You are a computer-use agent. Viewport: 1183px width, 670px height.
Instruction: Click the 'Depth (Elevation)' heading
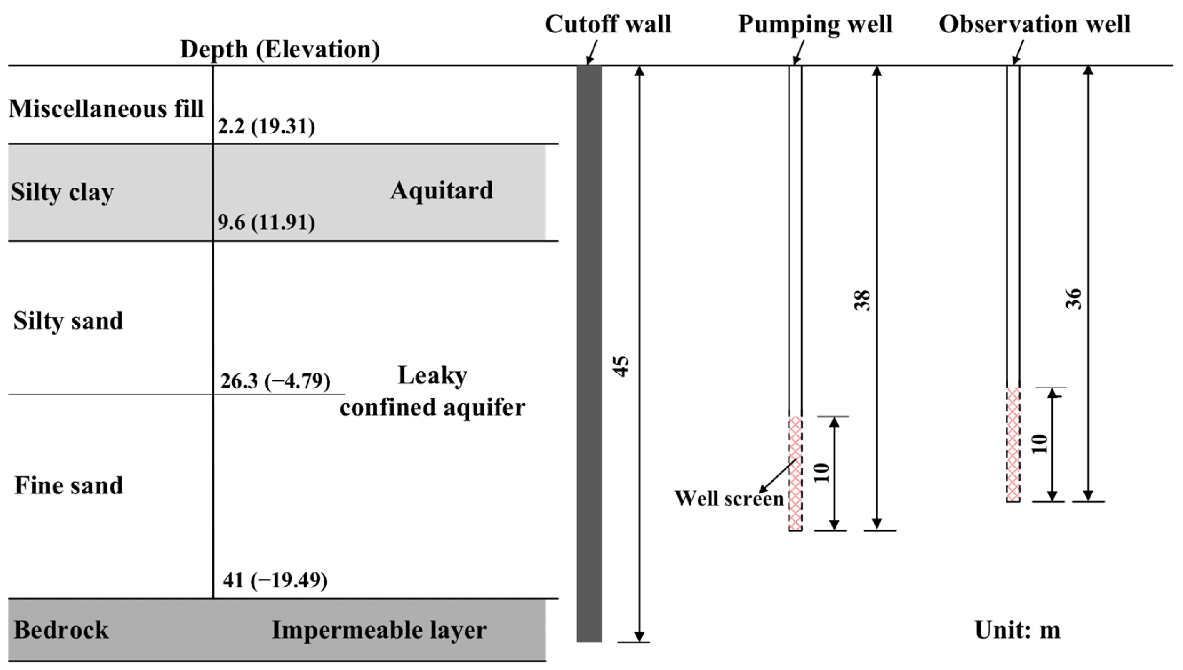[x=280, y=49]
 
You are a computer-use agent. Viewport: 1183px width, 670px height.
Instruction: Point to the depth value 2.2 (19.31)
[x=266, y=126]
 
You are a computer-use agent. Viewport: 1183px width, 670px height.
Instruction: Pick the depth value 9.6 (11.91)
[x=266, y=222]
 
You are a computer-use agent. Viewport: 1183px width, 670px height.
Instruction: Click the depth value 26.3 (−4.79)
[x=275, y=381]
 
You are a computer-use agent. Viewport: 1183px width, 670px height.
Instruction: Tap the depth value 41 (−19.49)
[x=275, y=580]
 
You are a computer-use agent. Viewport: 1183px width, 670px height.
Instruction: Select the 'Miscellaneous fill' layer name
[x=106, y=109]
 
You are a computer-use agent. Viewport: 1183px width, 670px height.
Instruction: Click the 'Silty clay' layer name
[x=62, y=192]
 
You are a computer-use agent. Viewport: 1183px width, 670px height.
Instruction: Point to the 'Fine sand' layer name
[x=69, y=485]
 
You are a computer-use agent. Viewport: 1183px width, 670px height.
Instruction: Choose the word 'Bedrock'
[x=61, y=630]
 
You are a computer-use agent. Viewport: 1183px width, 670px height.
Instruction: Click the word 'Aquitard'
[x=442, y=190]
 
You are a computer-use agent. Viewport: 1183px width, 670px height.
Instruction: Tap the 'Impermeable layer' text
[x=379, y=630]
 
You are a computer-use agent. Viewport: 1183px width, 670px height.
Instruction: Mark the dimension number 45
[x=621, y=366]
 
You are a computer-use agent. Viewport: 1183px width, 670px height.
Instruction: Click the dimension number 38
[x=862, y=300]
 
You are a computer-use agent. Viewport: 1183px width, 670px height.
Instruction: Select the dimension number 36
[x=1073, y=299]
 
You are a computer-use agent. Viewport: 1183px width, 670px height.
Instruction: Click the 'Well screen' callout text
[x=729, y=499]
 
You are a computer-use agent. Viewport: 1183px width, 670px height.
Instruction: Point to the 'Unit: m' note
[x=1017, y=630]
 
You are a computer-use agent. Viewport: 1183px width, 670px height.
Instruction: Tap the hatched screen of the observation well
[x=1013, y=445]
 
